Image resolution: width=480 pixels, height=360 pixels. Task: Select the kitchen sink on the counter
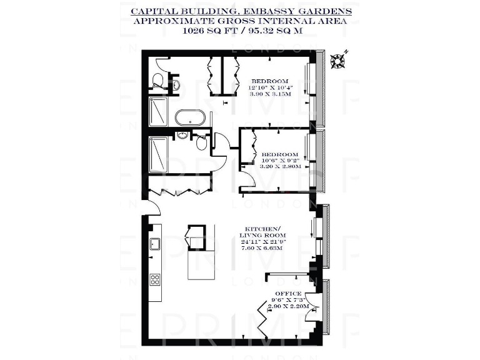click(153, 247)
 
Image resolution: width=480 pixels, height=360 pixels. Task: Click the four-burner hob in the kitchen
click(154, 279)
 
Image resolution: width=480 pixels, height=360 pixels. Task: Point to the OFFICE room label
click(288, 293)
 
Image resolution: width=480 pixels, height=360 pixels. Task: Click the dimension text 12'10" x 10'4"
click(269, 87)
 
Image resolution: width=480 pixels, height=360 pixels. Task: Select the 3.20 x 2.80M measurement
click(281, 167)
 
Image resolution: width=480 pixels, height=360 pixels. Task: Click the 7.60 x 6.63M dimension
click(262, 248)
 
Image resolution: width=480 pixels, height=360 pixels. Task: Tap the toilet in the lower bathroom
click(201, 143)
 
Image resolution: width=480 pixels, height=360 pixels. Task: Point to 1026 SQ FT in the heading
click(205, 29)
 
